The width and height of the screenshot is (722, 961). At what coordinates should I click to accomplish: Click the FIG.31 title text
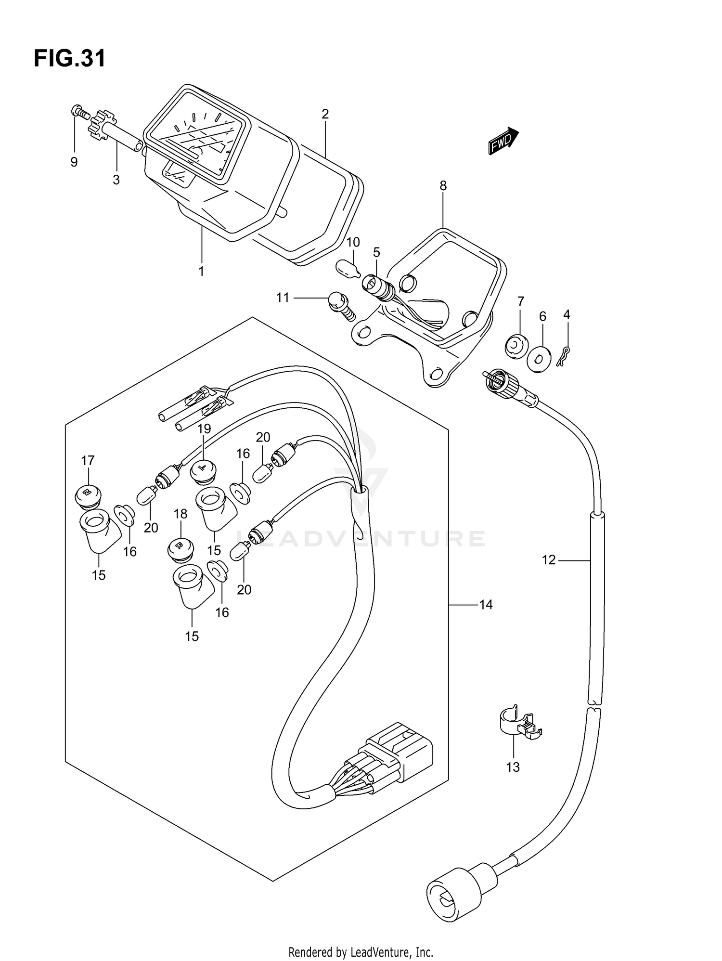pyautogui.click(x=69, y=59)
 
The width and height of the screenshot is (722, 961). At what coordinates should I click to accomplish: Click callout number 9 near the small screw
pyautogui.click(x=74, y=162)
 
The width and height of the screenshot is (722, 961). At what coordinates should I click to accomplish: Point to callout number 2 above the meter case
pyautogui.click(x=325, y=114)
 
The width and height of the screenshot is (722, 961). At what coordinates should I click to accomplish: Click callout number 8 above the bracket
pyautogui.click(x=443, y=185)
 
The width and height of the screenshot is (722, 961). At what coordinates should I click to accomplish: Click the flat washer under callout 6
pyautogui.click(x=539, y=359)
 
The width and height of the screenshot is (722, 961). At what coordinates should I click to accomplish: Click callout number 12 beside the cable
pyautogui.click(x=549, y=560)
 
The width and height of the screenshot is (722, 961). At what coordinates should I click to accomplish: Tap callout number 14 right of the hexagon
pyautogui.click(x=486, y=604)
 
